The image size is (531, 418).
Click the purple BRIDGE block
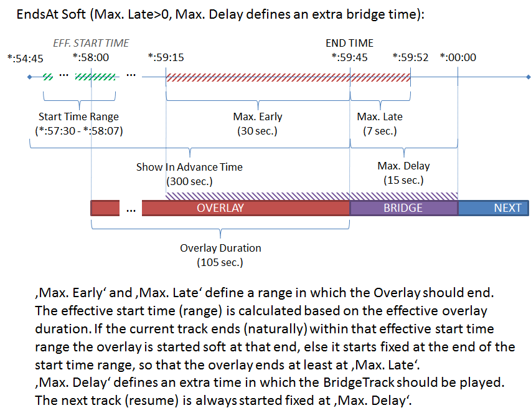403,208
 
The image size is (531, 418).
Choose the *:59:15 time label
166,58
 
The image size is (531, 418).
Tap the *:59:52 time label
410,58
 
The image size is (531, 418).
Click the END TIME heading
349,44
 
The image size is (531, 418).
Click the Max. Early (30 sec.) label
257,123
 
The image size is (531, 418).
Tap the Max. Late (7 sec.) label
380,123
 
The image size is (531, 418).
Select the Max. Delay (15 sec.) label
403,173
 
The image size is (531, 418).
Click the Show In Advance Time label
189,167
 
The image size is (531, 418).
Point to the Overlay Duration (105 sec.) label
220,255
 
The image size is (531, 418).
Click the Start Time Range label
78,116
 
